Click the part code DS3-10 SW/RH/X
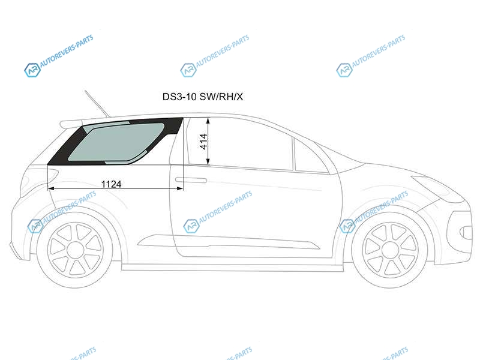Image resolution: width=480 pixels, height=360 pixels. click(x=202, y=97)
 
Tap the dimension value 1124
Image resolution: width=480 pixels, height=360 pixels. click(x=111, y=184)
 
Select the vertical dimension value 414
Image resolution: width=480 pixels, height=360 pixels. click(x=203, y=141)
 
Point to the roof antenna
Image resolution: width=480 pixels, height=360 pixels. click(x=97, y=104)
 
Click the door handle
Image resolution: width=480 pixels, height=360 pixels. click(x=191, y=180)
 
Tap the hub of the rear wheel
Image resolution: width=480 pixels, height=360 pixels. click(x=76, y=250)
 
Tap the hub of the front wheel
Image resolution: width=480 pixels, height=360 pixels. click(x=390, y=250)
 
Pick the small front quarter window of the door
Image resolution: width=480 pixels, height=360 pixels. click(x=311, y=156)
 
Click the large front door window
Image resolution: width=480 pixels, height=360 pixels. click(x=239, y=144)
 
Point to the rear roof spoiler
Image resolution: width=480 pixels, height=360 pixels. click(x=71, y=124)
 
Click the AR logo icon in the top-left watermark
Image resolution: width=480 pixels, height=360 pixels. click(x=32, y=70)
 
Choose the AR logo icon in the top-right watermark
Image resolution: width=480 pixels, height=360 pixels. click(x=344, y=70)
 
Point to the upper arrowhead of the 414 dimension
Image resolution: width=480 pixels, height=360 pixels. click(x=208, y=121)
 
